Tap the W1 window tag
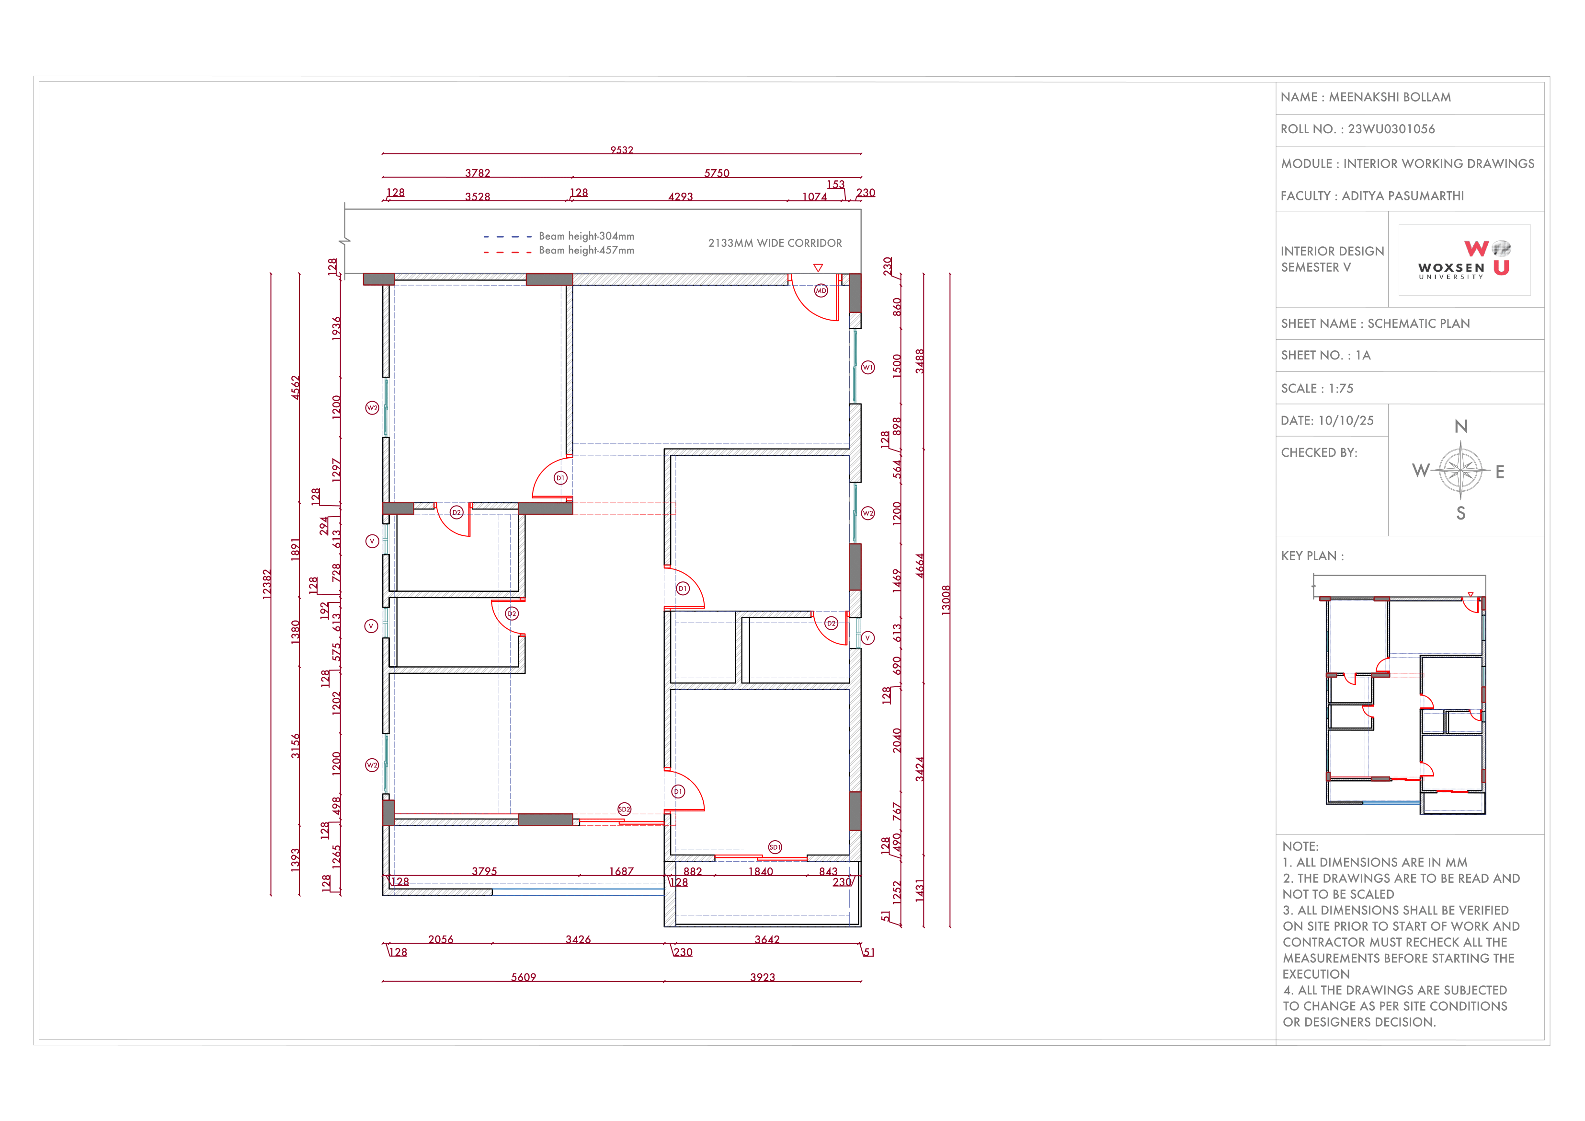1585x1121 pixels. tap(868, 368)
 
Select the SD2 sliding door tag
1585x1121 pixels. tap(624, 809)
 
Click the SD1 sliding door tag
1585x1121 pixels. tap(775, 847)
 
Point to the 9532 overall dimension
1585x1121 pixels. tap(621, 150)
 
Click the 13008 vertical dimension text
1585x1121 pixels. tap(946, 600)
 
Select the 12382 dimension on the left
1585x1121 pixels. tap(266, 584)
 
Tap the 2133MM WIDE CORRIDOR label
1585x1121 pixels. tap(775, 243)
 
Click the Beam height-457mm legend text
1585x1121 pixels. tap(586, 251)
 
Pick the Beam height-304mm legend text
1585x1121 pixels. tap(586, 236)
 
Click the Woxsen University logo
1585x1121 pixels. tap(1463, 260)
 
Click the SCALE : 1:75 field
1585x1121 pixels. tap(1316, 388)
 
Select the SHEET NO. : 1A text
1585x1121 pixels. tap(1325, 356)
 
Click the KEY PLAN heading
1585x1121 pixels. tap(1311, 556)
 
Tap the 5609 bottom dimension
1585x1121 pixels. tap(523, 977)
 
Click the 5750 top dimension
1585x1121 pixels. tap(717, 173)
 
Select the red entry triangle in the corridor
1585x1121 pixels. tap(818, 267)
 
